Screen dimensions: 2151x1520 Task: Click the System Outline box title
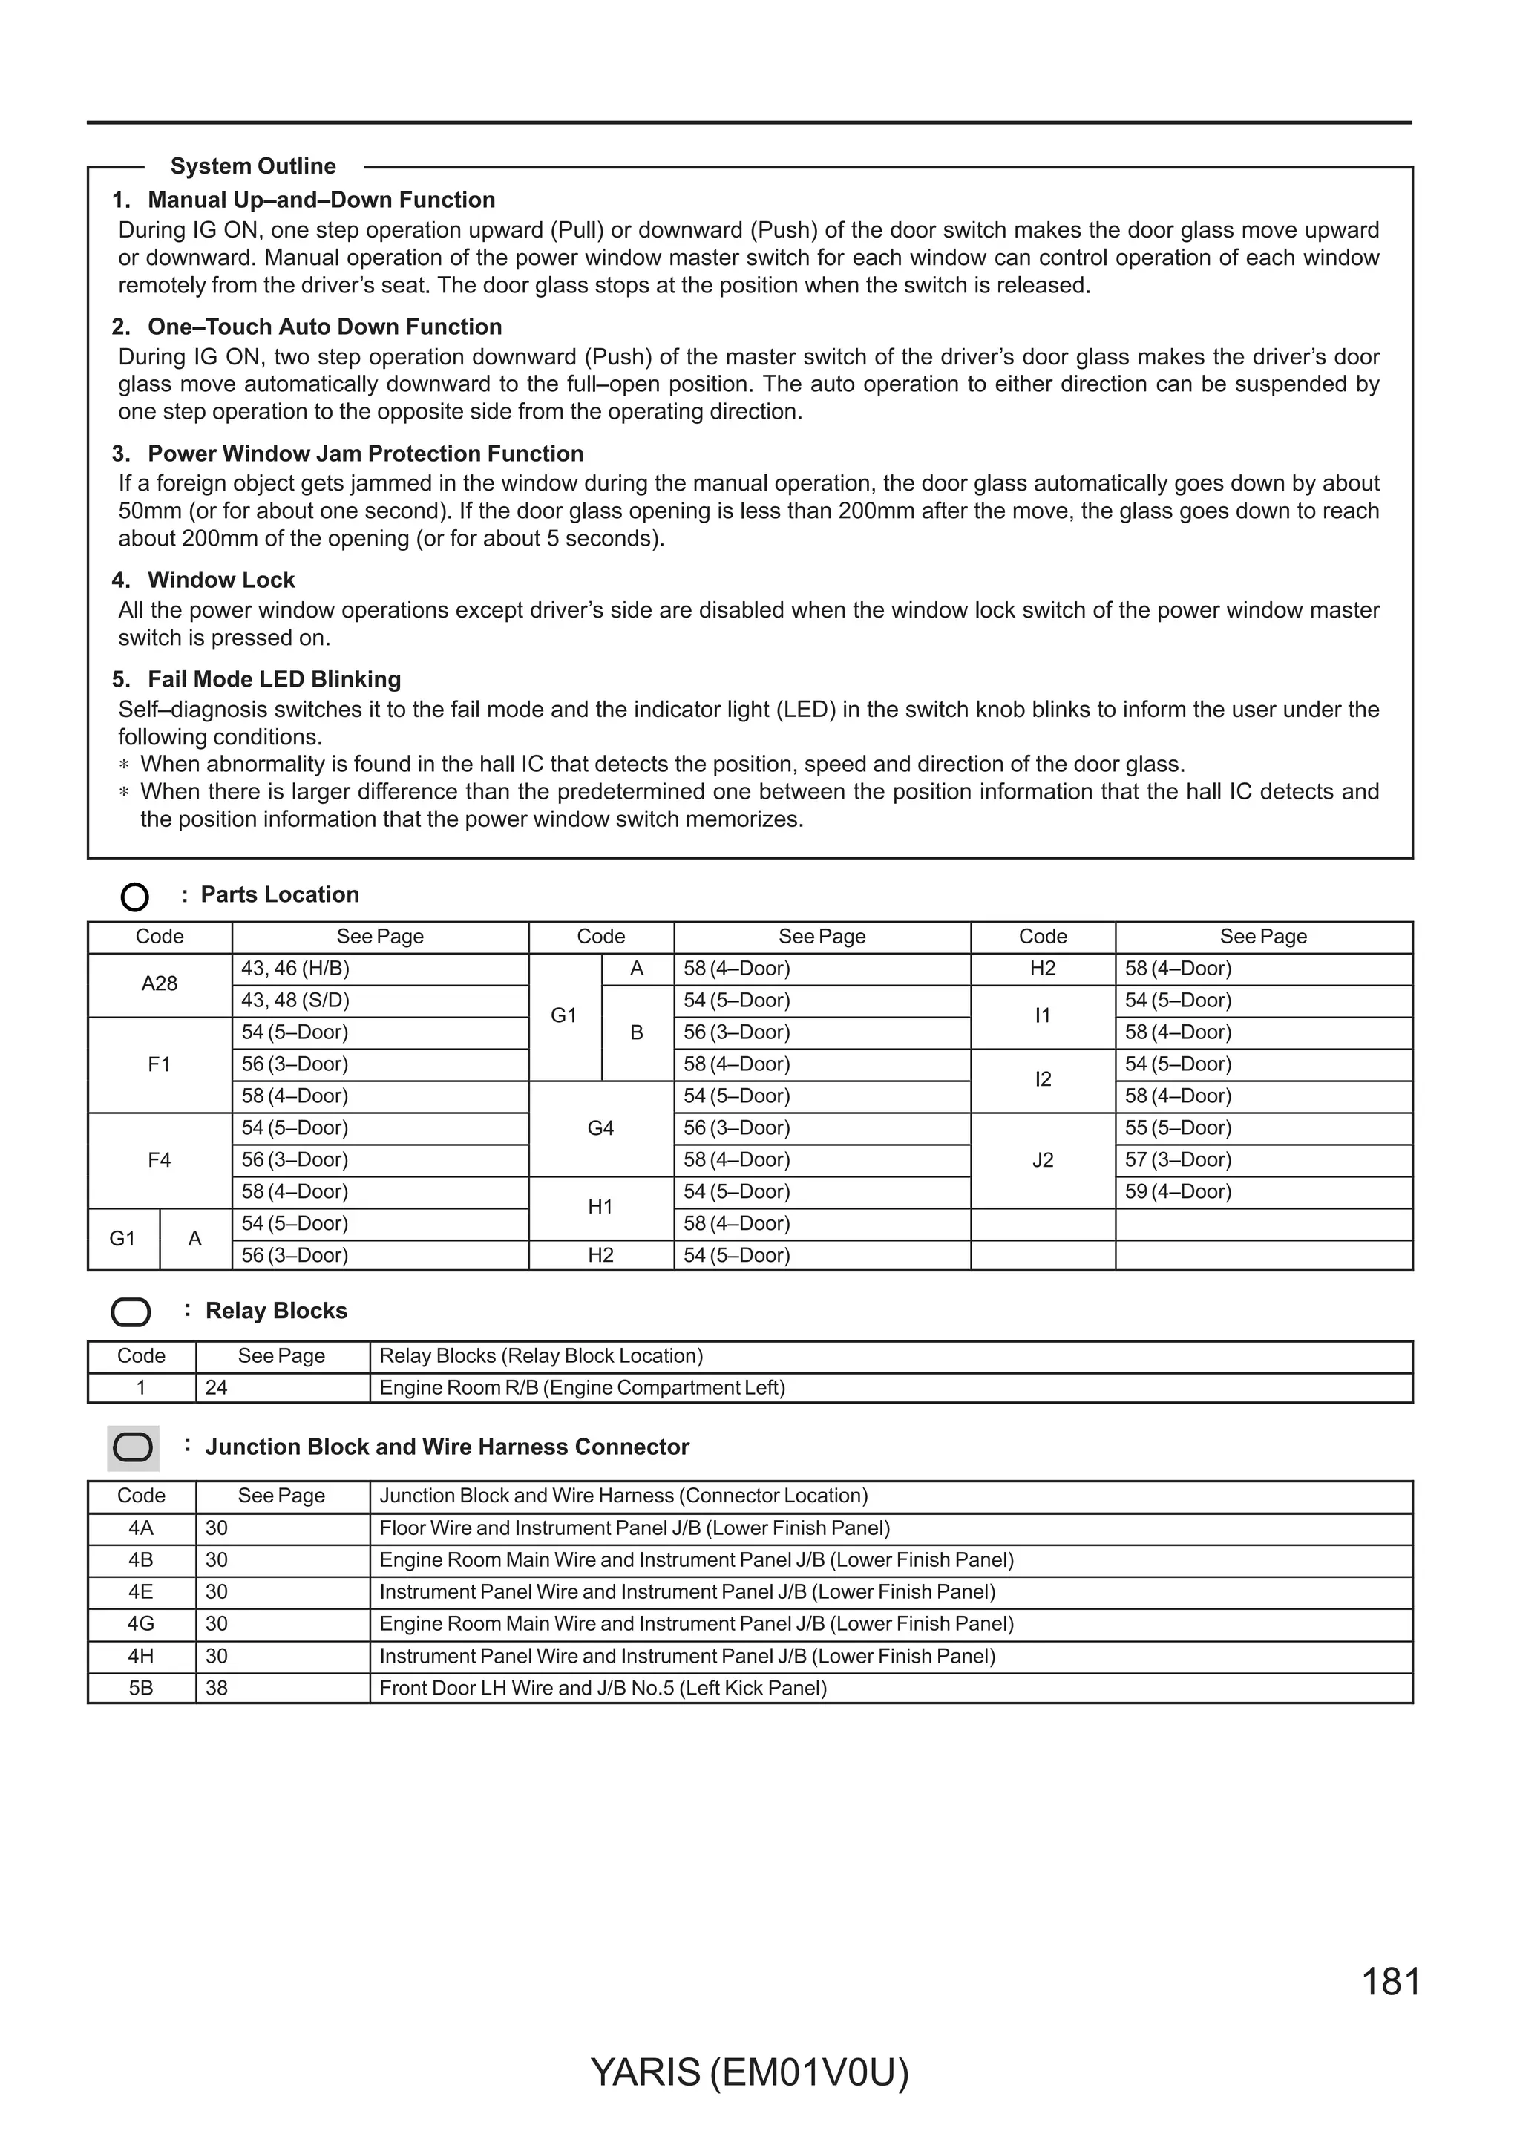click(253, 167)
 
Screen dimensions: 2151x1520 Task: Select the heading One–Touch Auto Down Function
click(324, 327)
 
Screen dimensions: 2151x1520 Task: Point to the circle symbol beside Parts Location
click(135, 897)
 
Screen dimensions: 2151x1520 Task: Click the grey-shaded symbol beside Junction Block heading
click(133, 1447)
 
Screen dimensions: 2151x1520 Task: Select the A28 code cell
click(160, 983)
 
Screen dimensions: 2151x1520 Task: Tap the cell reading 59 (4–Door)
click(1177, 1192)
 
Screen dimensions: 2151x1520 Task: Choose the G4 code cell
click(600, 1128)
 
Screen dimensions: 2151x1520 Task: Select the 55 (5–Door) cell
click(1177, 1128)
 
